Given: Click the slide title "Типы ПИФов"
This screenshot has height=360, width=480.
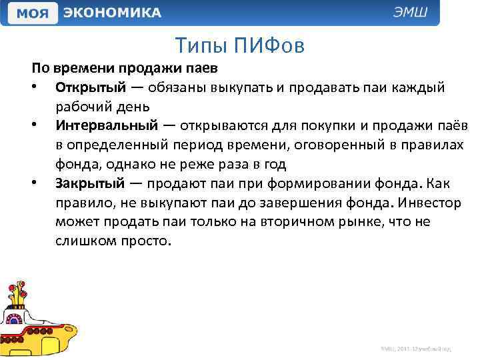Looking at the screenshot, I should (240, 45).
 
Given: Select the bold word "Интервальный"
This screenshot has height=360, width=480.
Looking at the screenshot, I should (107, 126).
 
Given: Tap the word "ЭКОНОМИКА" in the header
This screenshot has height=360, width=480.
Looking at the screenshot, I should (113, 13).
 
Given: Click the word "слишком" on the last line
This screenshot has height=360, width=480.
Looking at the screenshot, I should (82, 239).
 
